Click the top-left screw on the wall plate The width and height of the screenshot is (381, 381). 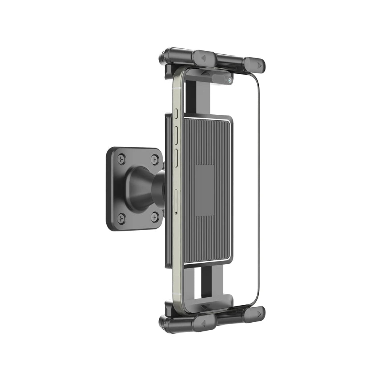122,157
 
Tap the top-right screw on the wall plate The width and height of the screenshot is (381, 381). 155,159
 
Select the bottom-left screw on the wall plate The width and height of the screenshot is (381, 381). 121,217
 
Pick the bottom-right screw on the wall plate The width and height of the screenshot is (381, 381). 155,216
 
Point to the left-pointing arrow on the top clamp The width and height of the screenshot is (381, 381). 203,58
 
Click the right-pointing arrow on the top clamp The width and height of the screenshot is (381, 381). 260,65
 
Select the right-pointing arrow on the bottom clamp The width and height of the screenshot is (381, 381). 260,315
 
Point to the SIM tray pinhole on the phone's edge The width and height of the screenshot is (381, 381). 176,212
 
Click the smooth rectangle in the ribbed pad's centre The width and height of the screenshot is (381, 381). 205,190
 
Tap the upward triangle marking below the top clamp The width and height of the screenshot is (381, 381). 206,73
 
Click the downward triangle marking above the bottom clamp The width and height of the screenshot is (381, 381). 205,307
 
